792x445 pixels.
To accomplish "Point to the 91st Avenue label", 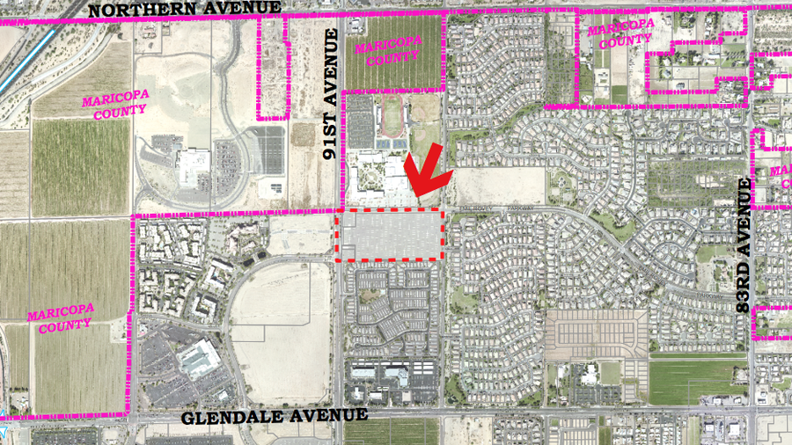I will click(x=332, y=93).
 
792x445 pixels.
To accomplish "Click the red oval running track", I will click(x=391, y=113).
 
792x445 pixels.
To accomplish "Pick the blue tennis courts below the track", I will click(x=391, y=141).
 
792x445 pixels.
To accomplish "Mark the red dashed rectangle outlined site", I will click(x=388, y=235).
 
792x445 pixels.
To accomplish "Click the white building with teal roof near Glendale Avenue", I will click(x=199, y=360).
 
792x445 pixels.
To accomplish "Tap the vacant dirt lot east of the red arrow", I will click(x=499, y=186).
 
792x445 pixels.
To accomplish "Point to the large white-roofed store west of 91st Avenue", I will click(x=191, y=167).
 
